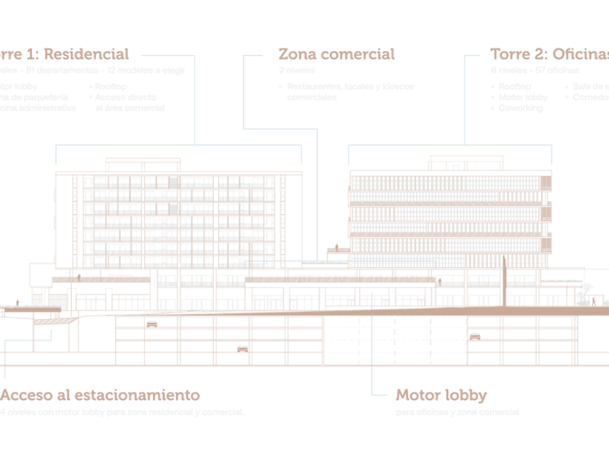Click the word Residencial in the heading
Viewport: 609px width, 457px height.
coord(87,54)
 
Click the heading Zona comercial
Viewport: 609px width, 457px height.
coord(336,54)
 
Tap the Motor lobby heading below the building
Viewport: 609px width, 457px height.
coord(441,395)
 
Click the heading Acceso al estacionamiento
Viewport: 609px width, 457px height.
coord(100,395)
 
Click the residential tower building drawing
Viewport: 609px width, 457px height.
coord(178,214)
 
